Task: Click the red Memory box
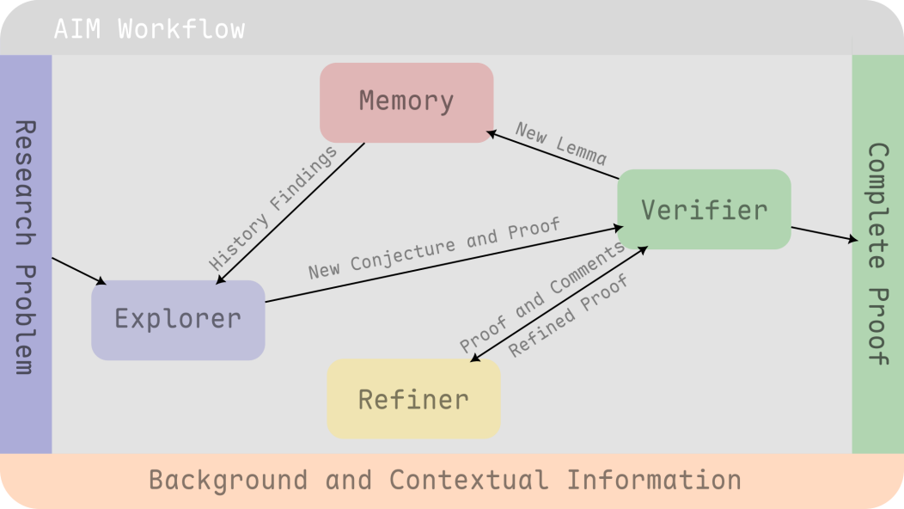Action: [406, 102]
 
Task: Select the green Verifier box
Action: [704, 210]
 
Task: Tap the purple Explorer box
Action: [178, 321]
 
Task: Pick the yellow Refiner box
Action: [413, 399]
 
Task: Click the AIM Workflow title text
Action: [150, 29]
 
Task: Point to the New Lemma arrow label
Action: [560, 143]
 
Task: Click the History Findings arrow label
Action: [272, 208]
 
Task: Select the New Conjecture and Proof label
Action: [434, 248]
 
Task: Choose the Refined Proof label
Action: [568, 316]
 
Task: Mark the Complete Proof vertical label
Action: [878, 254]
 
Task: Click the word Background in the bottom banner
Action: [229, 480]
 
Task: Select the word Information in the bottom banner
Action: [654, 480]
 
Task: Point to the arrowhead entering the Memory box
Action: [492, 134]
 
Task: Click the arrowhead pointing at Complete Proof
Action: [853, 238]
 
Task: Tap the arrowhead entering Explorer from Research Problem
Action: [101, 281]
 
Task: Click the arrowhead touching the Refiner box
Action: [475, 359]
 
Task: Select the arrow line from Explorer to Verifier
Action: [444, 264]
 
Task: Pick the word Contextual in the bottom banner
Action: [468, 480]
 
